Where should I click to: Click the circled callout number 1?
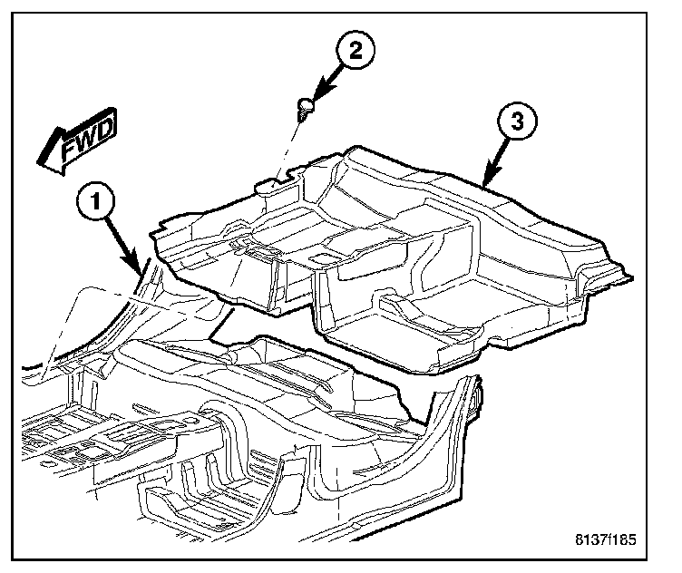97,199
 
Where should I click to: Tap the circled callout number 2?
356,52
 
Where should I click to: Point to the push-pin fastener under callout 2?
307,109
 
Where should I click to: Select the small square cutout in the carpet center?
321,259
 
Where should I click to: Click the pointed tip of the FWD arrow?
39,163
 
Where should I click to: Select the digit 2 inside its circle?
356,52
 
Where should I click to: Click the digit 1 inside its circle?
97,199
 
